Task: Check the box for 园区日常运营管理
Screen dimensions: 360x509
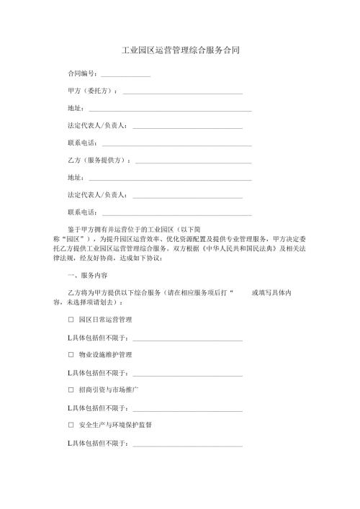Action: (x=71, y=319)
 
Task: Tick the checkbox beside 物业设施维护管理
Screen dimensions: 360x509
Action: (x=71, y=354)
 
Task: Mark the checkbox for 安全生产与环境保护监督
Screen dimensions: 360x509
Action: (x=71, y=425)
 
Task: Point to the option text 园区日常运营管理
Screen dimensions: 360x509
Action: (x=105, y=319)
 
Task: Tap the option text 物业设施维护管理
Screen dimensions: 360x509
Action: (x=105, y=354)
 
